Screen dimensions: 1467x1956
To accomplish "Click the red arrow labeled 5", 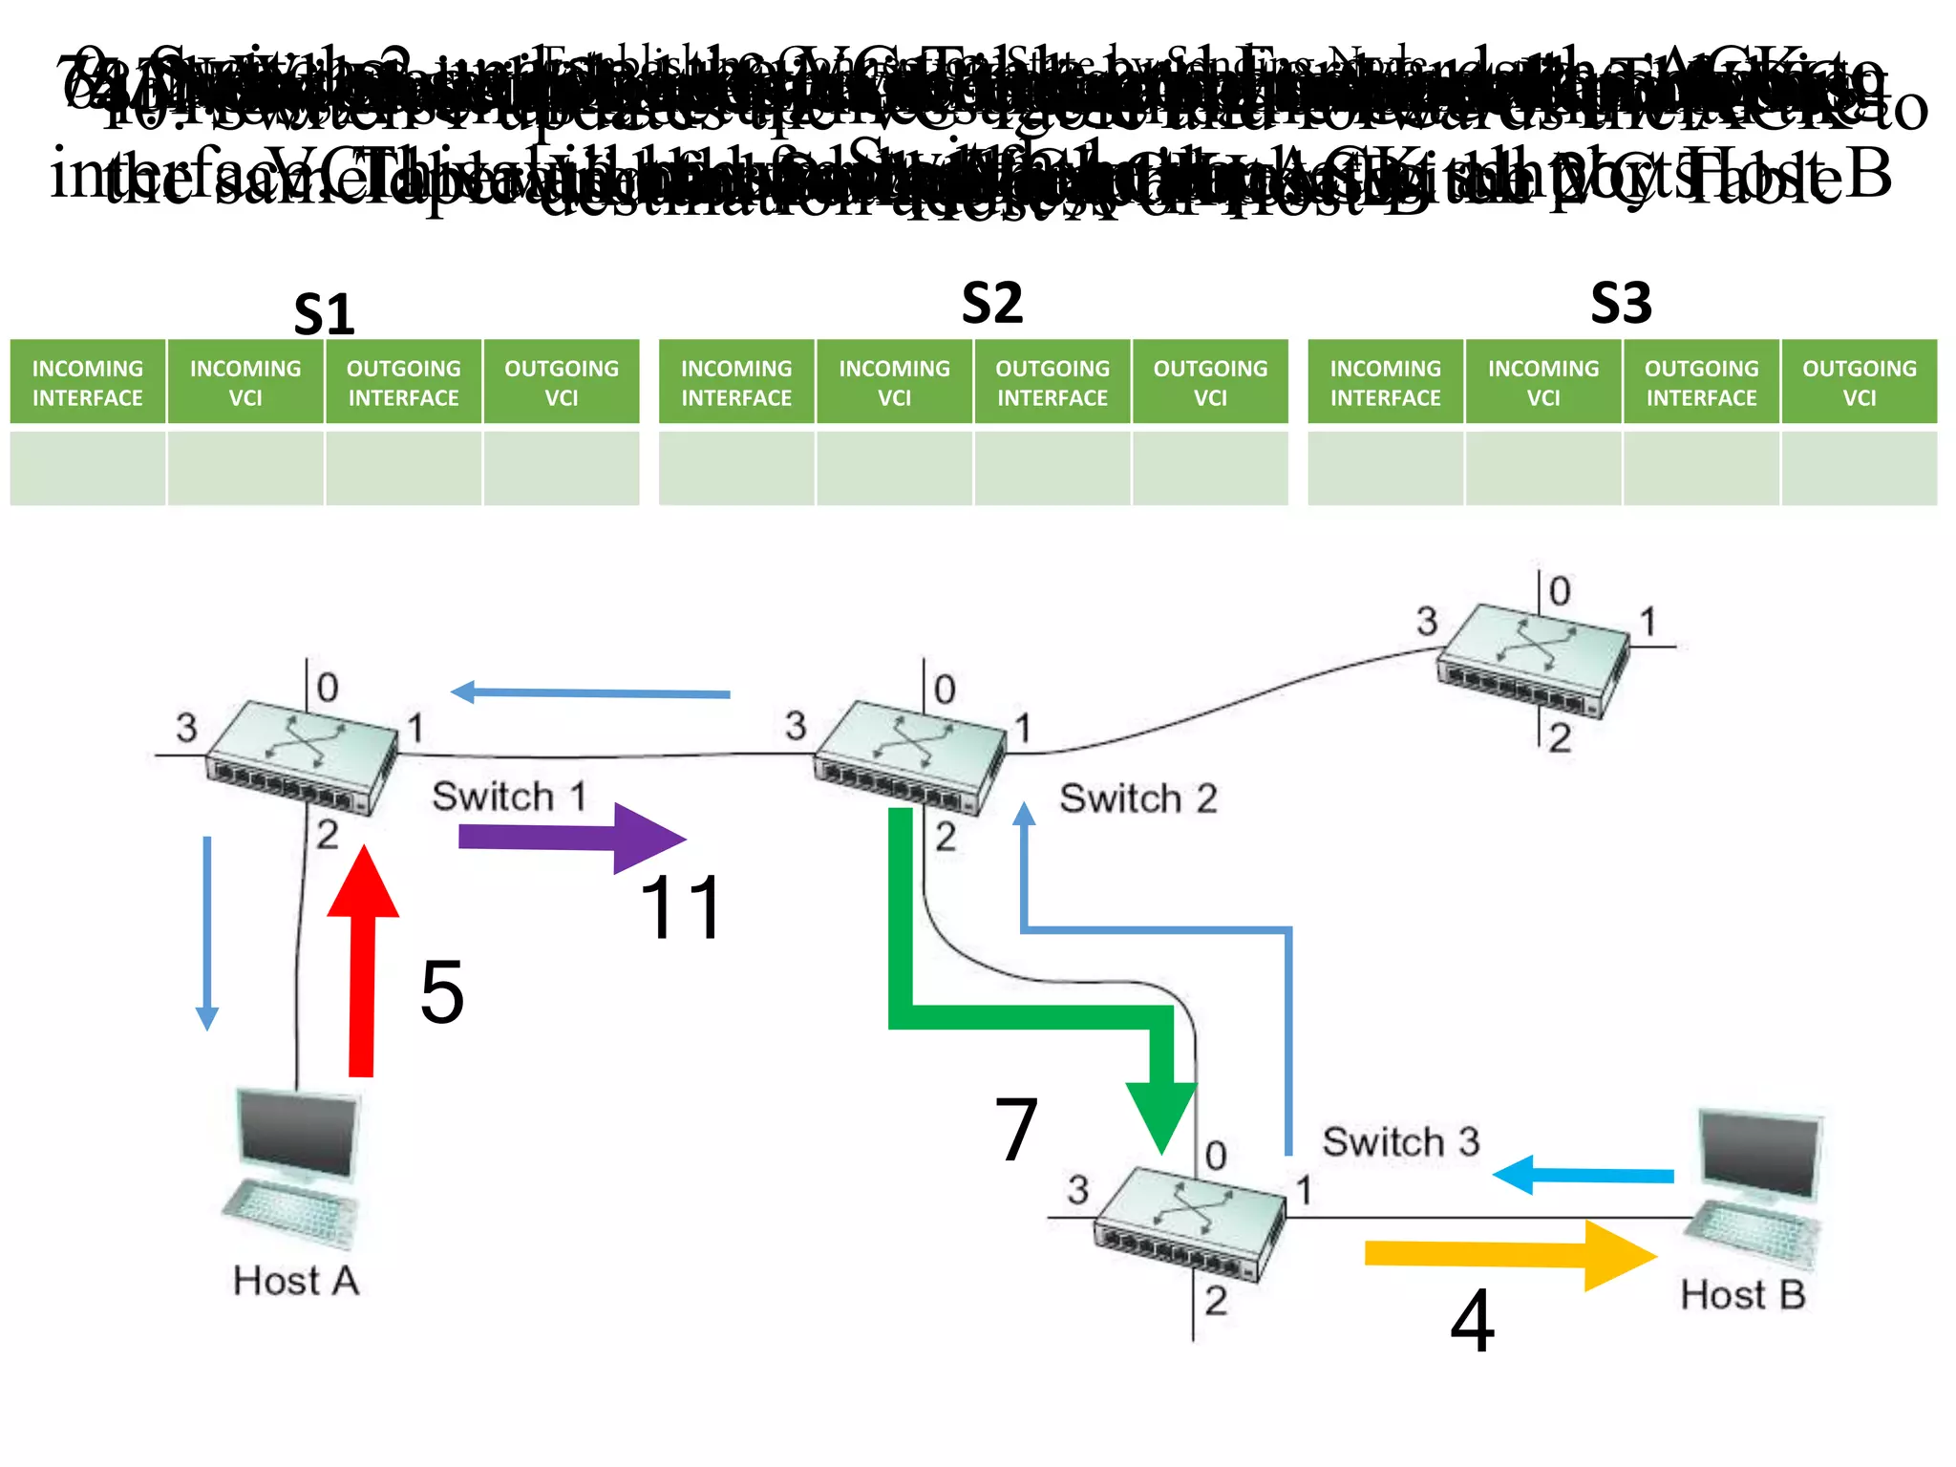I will click(362, 965).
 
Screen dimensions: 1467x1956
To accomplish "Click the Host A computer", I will click(294, 1165).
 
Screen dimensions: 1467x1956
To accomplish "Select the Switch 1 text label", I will click(509, 797).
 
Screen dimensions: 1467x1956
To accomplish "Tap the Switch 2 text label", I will click(1138, 798).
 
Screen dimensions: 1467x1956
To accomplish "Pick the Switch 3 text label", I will click(1400, 1141).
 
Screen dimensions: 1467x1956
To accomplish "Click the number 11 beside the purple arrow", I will click(681, 908).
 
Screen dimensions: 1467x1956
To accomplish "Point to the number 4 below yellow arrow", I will click(1472, 1322).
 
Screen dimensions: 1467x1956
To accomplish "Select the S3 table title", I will click(1621, 304).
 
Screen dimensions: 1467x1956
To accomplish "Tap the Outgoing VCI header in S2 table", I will click(1210, 382).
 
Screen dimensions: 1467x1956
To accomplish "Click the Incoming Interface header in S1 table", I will click(88, 382).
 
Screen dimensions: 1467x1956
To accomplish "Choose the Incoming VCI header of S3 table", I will click(1542, 382).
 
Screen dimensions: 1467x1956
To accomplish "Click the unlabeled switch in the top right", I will click(1533, 659).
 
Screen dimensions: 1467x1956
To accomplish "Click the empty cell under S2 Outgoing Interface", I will click(1052, 467).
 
